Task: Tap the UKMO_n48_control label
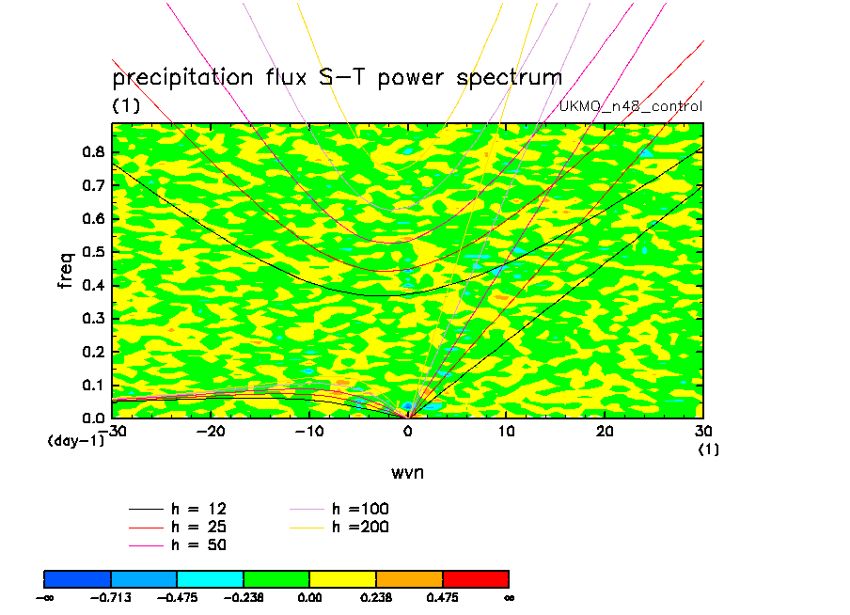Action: pos(630,106)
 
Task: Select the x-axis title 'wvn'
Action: pos(407,471)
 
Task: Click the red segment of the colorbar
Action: pos(475,577)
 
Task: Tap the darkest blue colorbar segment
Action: pos(77,577)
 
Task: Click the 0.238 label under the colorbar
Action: pos(376,596)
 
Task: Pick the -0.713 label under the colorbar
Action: pos(111,596)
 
